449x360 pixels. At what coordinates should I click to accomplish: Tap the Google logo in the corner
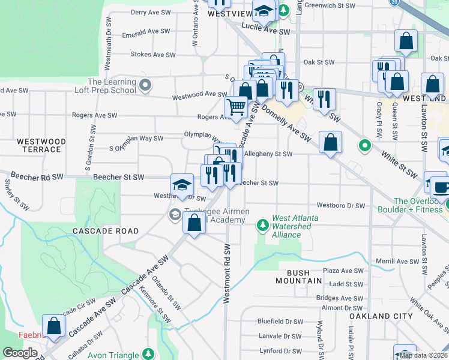pos(19,353)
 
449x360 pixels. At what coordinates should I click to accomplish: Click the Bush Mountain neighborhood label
pos(294,277)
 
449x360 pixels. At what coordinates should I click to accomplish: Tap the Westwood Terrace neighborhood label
pos(41,145)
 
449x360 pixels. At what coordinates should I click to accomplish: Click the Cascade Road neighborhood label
pos(106,231)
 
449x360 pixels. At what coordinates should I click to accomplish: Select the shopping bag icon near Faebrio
pos(54,326)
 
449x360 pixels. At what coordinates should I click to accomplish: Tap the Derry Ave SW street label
pos(149,12)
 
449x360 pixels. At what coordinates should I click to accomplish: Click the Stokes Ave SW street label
pos(153,55)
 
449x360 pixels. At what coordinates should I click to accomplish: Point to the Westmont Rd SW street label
pos(227,273)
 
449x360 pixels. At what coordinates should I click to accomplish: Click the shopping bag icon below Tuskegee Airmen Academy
pos(194,224)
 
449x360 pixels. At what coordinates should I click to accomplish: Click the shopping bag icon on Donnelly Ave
pos(330,143)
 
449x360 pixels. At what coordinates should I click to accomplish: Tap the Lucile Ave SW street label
pos(266,26)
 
